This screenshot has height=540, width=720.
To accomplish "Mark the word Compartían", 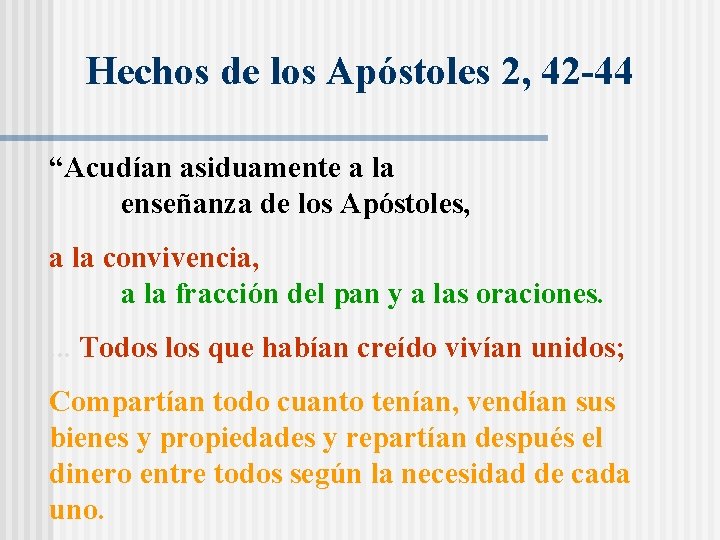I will coord(126,403).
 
